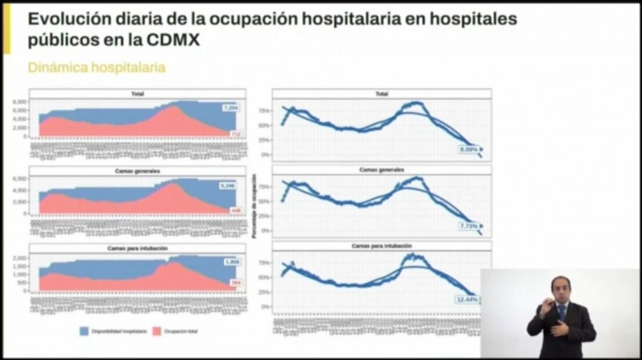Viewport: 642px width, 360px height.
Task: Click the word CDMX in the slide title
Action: pyautogui.click(x=173, y=41)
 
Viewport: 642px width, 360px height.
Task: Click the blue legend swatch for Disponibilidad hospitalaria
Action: pyautogui.click(x=84, y=331)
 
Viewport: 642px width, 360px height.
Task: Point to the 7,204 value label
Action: pyautogui.click(x=231, y=108)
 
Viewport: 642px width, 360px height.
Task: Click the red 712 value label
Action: pyautogui.click(x=235, y=134)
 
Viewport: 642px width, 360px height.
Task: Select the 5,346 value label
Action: pyautogui.click(x=227, y=186)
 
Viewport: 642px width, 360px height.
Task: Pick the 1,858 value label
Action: pyautogui.click(x=231, y=262)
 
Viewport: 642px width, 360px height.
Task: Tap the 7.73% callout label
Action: pyautogui.click(x=468, y=225)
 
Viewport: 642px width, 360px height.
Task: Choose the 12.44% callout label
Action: pyautogui.click(x=467, y=300)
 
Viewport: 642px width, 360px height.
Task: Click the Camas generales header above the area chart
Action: pyautogui.click(x=138, y=171)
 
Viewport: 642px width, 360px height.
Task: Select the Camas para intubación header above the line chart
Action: pyautogui.click(x=381, y=246)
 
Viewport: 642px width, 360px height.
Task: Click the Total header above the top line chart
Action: pyautogui.click(x=381, y=93)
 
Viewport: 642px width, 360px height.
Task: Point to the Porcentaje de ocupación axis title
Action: pyautogui.click(x=254, y=206)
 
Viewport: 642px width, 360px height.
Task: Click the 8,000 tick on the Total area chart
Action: pyautogui.click(x=20, y=102)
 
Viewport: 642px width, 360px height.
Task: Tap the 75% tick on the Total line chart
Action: pyautogui.click(x=263, y=110)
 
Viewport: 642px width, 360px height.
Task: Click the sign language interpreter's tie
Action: pyautogui.click(x=562, y=313)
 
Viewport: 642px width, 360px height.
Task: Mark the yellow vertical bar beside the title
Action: pyautogui.click(x=7, y=28)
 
